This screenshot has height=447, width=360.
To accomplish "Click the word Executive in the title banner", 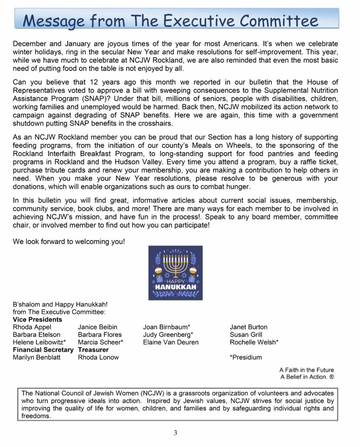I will pyautogui.click(x=191, y=20).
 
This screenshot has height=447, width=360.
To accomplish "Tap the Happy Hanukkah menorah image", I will pyautogui.click(x=175, y=272).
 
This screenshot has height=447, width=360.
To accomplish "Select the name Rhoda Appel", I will pyautogui.click(x=32, y=327).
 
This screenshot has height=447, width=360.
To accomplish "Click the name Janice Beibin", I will pyautogui.click(x=97, y=327).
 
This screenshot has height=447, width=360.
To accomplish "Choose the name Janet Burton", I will pyautogui.click(x=248, y=327).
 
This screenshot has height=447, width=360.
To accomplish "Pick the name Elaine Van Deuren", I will pyautogui.click(x=171, y=342).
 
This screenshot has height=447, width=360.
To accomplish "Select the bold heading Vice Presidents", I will pyautogui.click(x=38, y=320).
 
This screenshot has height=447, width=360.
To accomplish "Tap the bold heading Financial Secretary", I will pyautogui.click(x=43, y=350).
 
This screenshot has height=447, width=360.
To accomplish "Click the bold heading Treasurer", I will pyautogui.click(x=93, y=350).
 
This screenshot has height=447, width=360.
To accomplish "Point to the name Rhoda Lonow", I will pyautogui.click(x=98, y=358).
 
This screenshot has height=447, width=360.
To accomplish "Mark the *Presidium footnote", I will pyautogui.click(x=246, y=358).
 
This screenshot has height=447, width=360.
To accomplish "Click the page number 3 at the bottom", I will pyautogui.click(x=175, y=433).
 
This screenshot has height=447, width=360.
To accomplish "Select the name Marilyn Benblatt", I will pyautogui.click(x=37, y=358).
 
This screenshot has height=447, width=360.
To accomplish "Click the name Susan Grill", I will pyautogui.click(x=246, y=335).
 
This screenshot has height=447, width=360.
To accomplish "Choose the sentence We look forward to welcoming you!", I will pyautogui.click(x=69, y=241).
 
